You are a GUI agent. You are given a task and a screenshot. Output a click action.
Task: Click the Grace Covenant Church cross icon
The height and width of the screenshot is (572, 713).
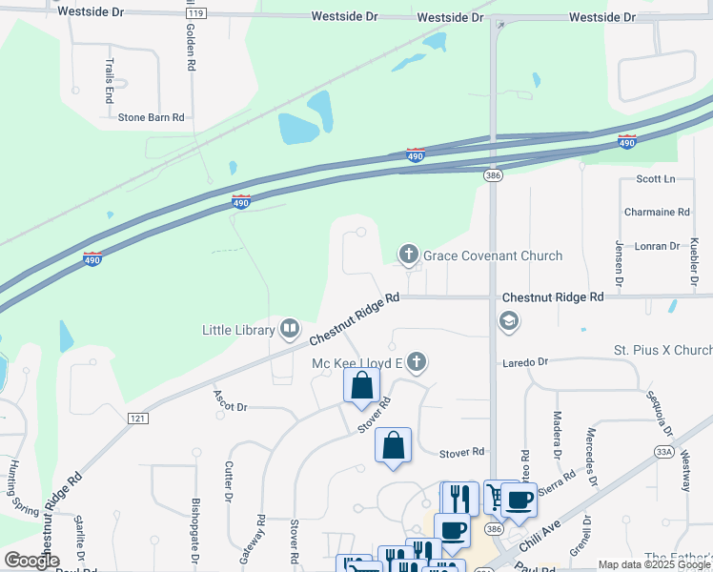click(x=408, y=255)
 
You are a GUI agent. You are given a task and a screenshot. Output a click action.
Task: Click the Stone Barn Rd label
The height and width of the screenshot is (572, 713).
click(x=151, y=117)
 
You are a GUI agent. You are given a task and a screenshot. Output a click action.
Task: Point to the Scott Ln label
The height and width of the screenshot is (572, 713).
click(x=655, y=179)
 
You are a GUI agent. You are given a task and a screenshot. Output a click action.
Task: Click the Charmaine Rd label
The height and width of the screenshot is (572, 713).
click(x=656, y=212)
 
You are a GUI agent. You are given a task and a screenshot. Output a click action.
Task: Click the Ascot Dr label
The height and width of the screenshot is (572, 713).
click(x=231, y=407)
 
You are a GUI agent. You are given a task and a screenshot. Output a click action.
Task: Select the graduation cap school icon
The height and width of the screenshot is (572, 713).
click(x=509, y=320)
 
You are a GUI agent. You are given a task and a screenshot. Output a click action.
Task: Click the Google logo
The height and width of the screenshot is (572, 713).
click(x=31, y=561)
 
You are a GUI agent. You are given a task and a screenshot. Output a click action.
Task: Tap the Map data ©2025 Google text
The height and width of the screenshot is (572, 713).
click(x=654, y=564)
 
